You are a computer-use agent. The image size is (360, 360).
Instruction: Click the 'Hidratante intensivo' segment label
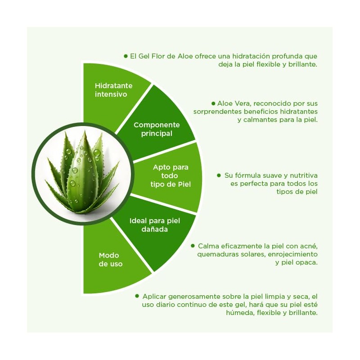(113, 90)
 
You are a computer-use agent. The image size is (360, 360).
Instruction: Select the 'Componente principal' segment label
(156, 129)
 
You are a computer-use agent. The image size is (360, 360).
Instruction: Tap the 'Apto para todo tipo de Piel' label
(171, 175)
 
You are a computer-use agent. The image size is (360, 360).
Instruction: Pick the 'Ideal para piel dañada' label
(154, 225)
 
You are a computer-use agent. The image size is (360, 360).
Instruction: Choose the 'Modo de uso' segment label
(110, 260)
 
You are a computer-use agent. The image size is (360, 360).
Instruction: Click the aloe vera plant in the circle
(83, 174)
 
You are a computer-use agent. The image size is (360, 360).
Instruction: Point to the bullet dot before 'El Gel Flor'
(126, 56)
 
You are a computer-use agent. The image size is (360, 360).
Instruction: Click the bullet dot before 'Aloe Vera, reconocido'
(213, 103)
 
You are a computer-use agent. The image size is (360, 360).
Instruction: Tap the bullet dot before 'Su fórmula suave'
(219, 175)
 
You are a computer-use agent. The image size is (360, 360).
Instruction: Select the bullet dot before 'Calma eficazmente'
(193, 246)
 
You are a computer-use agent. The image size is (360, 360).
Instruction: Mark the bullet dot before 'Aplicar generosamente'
(137, 296)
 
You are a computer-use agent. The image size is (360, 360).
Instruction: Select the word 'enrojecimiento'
(293, 254)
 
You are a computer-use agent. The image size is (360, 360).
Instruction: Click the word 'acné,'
(309, 246)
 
